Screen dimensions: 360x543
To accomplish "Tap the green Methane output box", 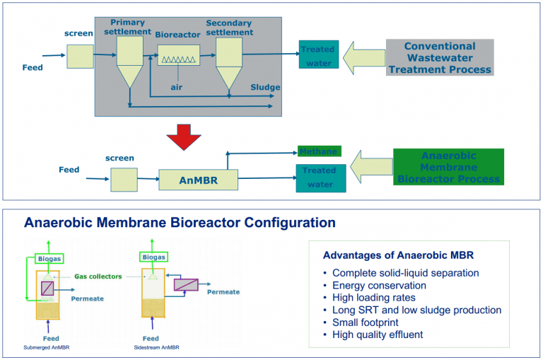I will (318, 151).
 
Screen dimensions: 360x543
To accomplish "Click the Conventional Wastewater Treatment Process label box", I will (439, 58).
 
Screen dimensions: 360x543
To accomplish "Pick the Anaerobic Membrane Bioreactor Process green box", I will (448, 167).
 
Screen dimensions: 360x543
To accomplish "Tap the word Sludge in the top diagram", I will (265, 87).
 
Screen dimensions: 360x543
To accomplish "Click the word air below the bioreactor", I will (177, 87).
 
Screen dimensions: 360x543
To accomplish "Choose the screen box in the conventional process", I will (80, 56).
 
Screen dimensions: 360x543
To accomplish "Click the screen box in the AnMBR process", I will (124, 180).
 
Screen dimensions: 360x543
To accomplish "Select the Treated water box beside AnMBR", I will (320, 178).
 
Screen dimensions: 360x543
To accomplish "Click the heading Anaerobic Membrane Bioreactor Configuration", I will (180, 223).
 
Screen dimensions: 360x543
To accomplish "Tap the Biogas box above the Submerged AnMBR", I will (49, 259).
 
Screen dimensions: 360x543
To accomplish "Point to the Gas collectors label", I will (98, 276).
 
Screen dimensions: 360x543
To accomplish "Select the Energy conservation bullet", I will (379, 285).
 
